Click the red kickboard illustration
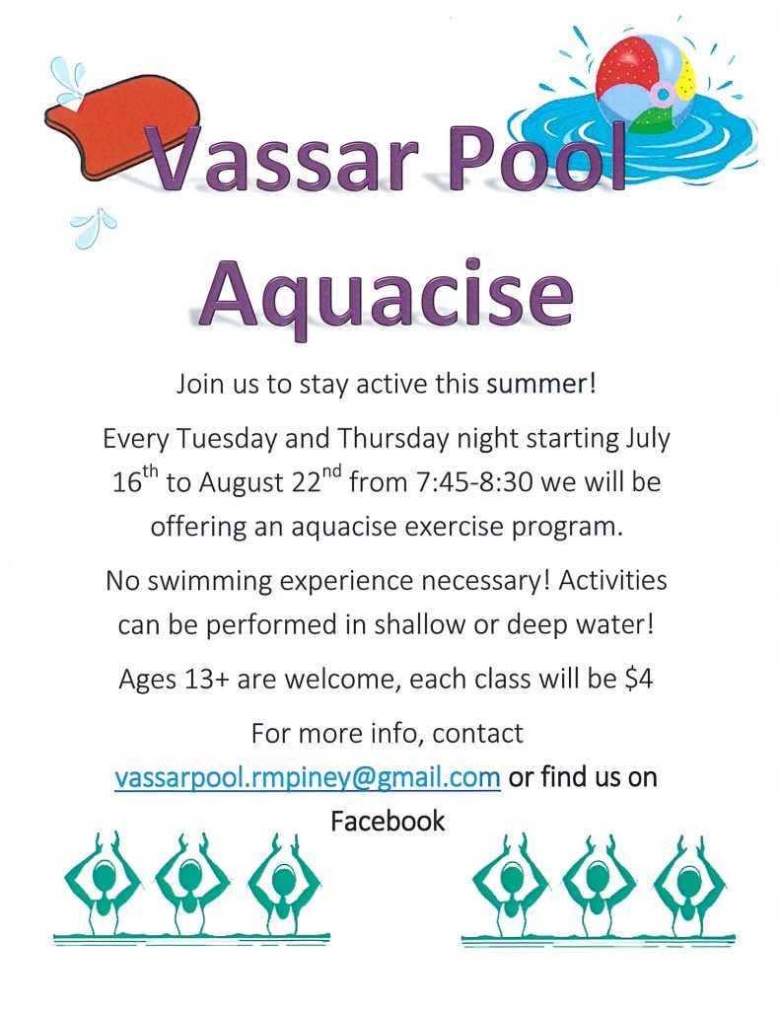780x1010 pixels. pyautogui.click(x=116, y=122)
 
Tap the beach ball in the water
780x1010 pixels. pyautogui.click(x=645, y=84)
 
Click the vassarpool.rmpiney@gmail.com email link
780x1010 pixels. pyautogui.click(x=308, y=778)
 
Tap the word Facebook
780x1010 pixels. pyautogui.click(x=388, y=822)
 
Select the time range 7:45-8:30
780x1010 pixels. pyautogui.click(x=474, y=482)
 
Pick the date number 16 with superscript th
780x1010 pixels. pyautogui.click(x=135, y=480)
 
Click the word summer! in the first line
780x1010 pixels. pyautogui.click(x=541, y=385)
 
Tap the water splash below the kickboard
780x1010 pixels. pyautogui.click(x=94, y=228)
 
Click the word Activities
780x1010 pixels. pyautogui.click(x=612, y=581)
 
